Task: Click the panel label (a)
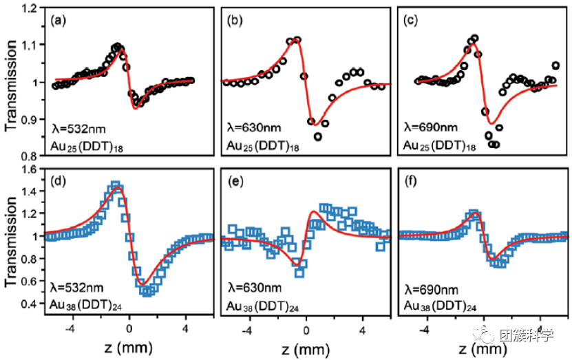tap(60, 21)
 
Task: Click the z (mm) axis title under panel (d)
tap(121, 345)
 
